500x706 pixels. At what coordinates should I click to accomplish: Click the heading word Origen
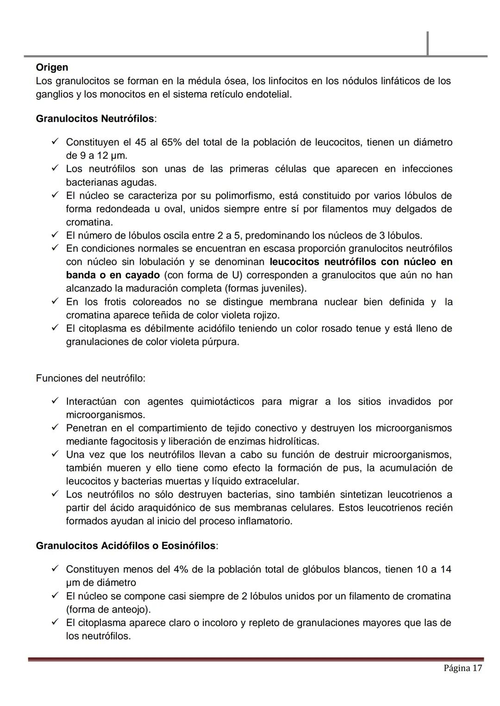pyautogui.click(x=52, y=68)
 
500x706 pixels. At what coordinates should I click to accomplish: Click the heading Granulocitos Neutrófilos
pyautogui.click(x=95, y=119)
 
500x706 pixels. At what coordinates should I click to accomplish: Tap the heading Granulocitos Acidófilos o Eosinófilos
pyautogui.click(x=125, y=546)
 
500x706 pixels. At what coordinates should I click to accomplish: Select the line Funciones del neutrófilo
pyautogui.click(x=90, y=378)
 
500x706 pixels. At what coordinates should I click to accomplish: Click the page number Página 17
pyautogui.click(x=462, y=668)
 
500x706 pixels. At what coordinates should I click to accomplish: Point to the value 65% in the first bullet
pyautogui.click(x=171, y=142)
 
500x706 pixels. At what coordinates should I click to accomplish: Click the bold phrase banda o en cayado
pyautogui.click(x=112, y=275)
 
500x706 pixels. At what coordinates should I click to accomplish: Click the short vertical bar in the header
pyautogui.click(x=427, y=43)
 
